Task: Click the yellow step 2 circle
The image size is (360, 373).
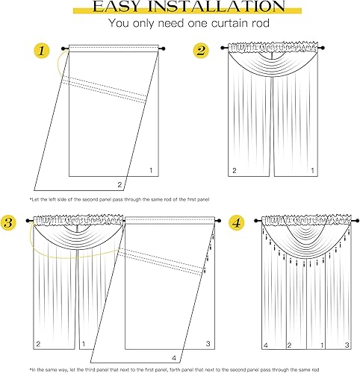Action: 200,51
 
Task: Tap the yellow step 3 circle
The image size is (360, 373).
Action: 10,222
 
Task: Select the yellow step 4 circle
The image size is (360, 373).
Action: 237,222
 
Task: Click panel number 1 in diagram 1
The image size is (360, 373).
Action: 151,171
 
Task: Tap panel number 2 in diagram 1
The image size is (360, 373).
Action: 118,184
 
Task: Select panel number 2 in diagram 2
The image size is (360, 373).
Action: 234,171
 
